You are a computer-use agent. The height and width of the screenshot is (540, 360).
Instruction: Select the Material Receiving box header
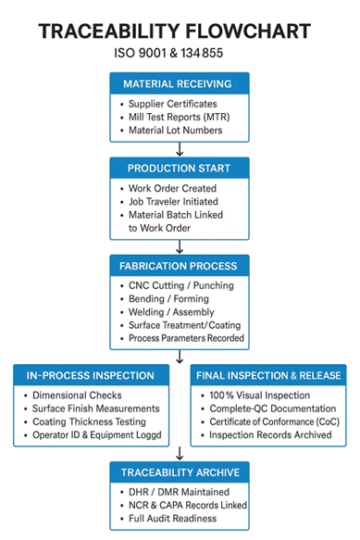click(x=180, y=83)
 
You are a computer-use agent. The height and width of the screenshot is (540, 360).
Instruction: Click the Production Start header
click(x=180, y=169)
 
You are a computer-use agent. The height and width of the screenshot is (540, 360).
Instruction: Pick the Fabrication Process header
click(x=180, y=266)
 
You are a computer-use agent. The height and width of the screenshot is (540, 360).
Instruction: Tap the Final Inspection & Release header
click(x=267, y=375)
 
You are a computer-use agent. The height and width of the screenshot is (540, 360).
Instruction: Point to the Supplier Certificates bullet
click(x=172, y=103)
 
